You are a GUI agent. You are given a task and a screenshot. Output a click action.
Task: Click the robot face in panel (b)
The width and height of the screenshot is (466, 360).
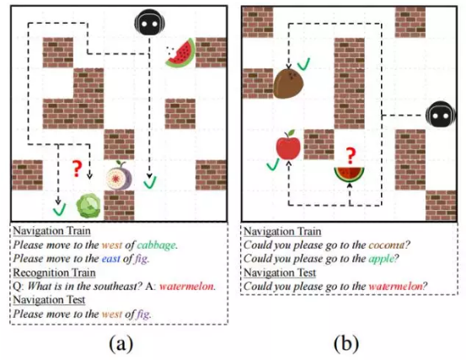[441, 116]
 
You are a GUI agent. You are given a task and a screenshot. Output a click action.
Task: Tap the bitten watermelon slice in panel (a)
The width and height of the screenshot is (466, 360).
[180, 53]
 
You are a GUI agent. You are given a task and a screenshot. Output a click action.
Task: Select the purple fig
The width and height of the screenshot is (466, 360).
[119, 175]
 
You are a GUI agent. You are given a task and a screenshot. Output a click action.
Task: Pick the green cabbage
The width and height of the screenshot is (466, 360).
[88, 205]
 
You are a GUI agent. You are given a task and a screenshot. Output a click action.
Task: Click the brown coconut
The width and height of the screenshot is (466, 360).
[288, 83]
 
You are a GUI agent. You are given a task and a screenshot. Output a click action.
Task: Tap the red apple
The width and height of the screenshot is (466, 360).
[288, 145]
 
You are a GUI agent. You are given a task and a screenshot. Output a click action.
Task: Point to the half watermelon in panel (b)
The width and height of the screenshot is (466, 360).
[349, 175]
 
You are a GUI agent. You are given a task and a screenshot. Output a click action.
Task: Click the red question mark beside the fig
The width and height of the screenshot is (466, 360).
[77, 169]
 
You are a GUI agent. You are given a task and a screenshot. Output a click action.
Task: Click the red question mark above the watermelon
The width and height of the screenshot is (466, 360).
[351, 156]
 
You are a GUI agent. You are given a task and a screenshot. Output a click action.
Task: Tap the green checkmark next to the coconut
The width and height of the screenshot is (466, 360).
[303, 64]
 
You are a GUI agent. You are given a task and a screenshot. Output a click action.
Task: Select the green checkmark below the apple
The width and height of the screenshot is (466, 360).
[273, 164]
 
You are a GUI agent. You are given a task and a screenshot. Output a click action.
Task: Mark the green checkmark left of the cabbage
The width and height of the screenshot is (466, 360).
[60, 210]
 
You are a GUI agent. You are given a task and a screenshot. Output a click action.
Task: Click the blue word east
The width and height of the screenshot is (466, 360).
[111, 259]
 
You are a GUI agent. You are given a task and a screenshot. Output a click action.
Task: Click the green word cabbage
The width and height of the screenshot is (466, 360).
[157, 245]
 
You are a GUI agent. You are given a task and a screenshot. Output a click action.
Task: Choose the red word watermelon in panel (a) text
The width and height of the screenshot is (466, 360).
[186, 287]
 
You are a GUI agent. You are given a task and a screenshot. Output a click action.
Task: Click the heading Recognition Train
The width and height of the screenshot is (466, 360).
[55, 272]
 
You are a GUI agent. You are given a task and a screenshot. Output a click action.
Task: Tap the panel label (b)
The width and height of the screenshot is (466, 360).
[346, 344]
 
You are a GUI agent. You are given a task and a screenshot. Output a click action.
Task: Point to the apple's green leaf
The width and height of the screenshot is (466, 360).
[291, 132]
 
